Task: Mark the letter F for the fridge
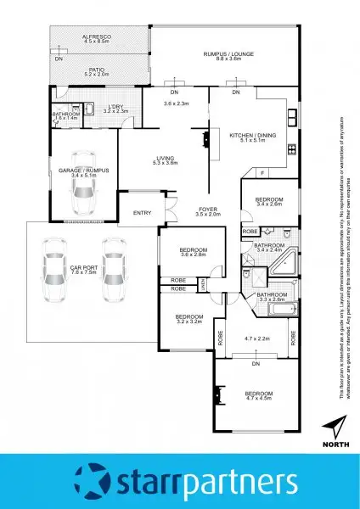tap(262, 173)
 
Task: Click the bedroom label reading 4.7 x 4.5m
tap(258, 395)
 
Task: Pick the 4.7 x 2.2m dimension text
tap(257, 338)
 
